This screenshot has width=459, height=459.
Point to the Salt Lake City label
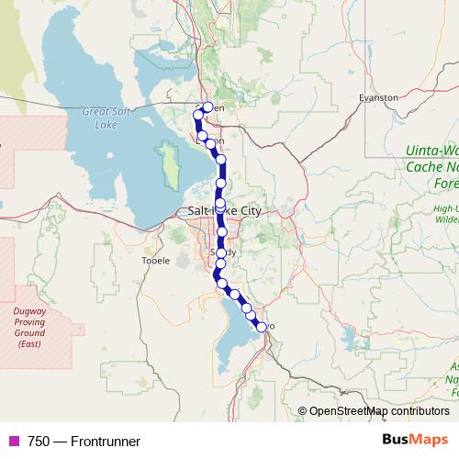(x=225, y=211)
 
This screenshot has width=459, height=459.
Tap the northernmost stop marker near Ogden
(x=207, y=107)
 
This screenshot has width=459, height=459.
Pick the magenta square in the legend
(x=14, y=442)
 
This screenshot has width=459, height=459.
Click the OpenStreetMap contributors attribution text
(x=379, y=411)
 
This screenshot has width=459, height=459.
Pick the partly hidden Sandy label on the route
(x=223, y=252)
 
